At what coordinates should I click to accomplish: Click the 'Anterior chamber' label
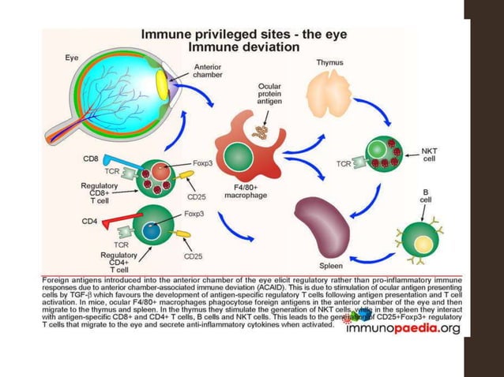[211, 73]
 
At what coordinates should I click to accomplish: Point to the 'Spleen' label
[332, 265]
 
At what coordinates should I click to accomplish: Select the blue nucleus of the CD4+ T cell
[150, 232]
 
